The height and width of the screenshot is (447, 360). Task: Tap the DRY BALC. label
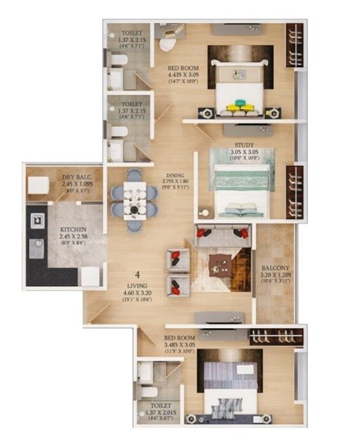(x=73, y=177)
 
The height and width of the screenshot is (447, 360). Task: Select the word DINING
(x=175, y=175)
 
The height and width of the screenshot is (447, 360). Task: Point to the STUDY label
(x=244, y=146)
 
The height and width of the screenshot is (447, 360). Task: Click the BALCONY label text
(x=276, y=268)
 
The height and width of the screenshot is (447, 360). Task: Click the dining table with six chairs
(x=135, y=199)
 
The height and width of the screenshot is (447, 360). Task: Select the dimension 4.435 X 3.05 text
(x=183, y=74)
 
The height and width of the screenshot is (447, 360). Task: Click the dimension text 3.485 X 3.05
(x=179, y=344)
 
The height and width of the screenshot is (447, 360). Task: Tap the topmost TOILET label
(x=131, y=33)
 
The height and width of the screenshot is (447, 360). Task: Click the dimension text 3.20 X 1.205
(x=276, y=275)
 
